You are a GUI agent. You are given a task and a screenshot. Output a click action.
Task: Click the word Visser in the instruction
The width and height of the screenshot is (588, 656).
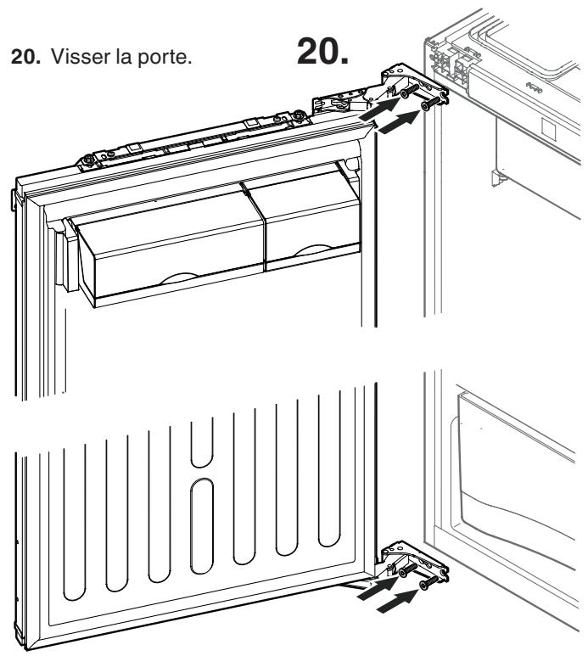point(78,56)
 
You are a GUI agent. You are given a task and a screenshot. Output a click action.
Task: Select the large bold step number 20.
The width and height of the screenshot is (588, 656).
point(322,51)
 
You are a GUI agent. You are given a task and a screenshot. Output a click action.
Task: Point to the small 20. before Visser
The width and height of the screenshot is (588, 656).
point(26,57)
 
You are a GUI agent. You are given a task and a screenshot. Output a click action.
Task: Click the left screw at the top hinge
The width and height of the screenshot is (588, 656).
point(410,91)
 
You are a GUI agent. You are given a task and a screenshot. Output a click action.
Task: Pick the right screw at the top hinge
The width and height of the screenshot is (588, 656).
point(430,104)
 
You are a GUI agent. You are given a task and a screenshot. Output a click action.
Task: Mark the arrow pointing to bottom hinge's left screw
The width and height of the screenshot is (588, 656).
point(378,589)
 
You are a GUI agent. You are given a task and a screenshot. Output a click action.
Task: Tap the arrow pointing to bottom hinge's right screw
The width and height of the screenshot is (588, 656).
point(397,601)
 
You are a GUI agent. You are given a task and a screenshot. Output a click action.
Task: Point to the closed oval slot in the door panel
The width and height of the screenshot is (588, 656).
point(202,526)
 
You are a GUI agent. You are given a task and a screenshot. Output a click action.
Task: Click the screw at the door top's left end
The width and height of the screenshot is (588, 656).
point(88,159)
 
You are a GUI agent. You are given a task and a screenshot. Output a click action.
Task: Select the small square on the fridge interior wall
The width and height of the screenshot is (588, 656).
point(549,129)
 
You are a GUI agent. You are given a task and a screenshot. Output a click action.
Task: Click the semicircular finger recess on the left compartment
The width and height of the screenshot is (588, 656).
point(180,278)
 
